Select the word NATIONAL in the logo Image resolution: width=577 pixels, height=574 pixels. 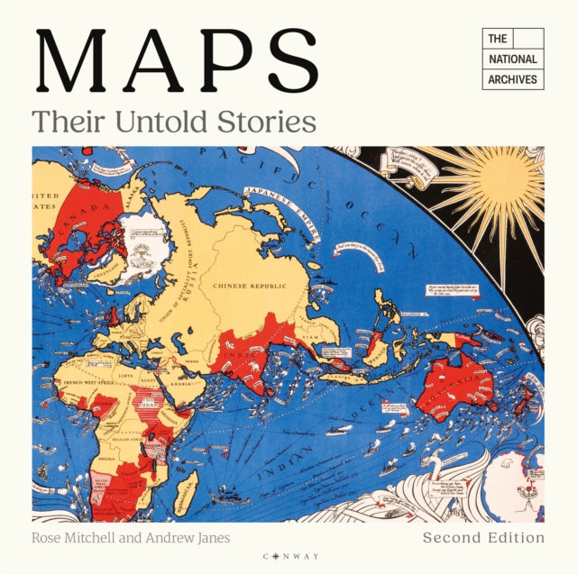(x=512, y=59)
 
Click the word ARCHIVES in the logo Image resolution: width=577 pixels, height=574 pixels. (x=512, y=79)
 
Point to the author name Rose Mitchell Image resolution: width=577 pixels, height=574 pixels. (x=70, y=538)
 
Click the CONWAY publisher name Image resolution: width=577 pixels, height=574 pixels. (x=288, y=556)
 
